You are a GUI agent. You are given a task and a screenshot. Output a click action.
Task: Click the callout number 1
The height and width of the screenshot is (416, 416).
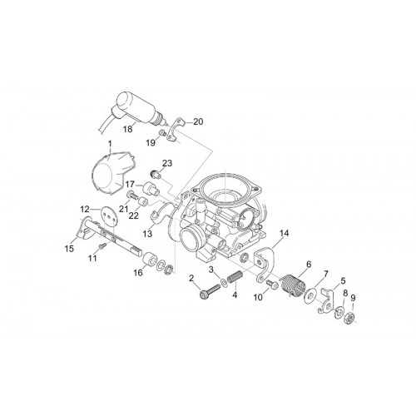110,144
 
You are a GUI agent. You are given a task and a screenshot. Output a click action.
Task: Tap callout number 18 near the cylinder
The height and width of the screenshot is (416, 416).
128,129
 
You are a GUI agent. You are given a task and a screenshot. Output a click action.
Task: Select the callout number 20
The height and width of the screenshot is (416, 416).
198,121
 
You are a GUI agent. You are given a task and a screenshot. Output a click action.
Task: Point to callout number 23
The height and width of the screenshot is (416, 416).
167,163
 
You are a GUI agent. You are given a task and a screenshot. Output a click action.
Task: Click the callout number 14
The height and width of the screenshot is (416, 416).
284,233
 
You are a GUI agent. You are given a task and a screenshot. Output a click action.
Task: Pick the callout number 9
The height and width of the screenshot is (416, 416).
353,298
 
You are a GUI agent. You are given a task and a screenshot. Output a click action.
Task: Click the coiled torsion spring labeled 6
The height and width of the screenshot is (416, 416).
293,282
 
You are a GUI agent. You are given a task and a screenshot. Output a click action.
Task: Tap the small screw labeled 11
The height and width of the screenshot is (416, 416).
102,245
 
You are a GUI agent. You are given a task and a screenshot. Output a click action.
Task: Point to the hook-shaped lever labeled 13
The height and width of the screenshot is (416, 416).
161,214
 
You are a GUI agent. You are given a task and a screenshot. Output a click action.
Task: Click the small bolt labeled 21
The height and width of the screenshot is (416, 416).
132,196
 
